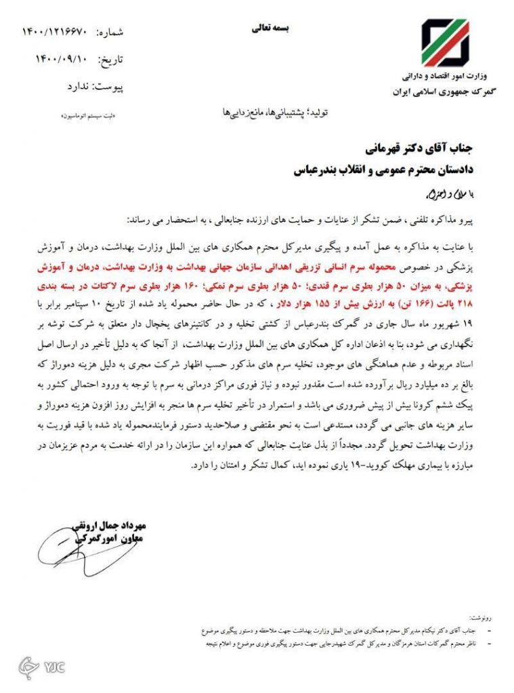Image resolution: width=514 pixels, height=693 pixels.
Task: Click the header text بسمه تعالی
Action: point(270,28)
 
